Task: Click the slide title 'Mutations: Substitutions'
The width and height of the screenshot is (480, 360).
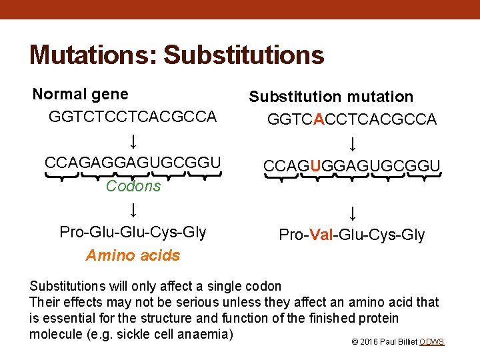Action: (x=177, y=55)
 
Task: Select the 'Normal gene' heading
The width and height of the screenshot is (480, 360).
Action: (x=81, y=94)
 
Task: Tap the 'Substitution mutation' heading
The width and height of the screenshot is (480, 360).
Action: (x=331, y=97)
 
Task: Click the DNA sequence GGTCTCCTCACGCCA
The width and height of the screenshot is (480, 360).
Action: (x=133, y=117)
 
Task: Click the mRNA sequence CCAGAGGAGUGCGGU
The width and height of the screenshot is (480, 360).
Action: (x=133, y=163)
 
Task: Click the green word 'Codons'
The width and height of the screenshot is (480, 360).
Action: (x=133, y=186)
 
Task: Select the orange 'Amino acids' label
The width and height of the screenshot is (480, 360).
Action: (x=133, y=255)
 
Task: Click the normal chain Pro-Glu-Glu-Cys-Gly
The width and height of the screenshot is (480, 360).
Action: (x=133, y=232)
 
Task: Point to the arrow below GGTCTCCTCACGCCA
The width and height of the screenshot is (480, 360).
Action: (x=133, y=141)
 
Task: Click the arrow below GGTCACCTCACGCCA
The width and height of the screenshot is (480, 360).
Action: (x=352, y=143)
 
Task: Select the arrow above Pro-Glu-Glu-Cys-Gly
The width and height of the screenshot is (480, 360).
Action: (x=133, y=210)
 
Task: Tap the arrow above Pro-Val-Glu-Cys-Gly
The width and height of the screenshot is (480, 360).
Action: (x=352, y=213)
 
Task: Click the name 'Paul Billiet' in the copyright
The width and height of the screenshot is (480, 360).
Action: (x=397, y=342)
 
